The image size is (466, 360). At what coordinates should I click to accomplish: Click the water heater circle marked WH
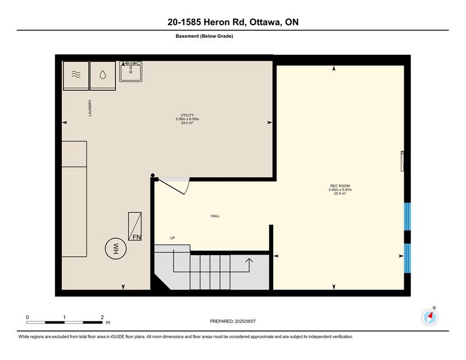(115, 249)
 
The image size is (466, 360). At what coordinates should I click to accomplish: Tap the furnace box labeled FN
(135, 226)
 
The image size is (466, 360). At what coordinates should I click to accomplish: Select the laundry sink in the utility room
(130, 71)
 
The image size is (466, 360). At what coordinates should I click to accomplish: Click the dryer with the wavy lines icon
(76, 76)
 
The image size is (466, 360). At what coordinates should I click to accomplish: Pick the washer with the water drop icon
(103, 76)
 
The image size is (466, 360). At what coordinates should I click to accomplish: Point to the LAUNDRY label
(90, 108)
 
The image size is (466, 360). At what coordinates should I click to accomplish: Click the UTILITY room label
(187, 115)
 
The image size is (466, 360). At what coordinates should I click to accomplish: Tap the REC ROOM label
(340, 186)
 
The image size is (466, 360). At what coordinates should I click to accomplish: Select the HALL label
(216, 216)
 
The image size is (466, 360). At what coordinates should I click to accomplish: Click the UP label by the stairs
(172, 238)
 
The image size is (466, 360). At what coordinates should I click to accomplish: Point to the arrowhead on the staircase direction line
(249, 261)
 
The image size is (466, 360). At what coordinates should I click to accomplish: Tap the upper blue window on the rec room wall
(407, 217)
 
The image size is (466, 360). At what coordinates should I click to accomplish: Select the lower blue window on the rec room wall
(407, 258)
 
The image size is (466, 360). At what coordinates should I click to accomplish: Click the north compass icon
(430, 317)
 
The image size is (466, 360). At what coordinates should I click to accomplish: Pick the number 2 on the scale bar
(103, 317)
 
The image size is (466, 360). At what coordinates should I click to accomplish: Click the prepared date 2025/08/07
(245, 322)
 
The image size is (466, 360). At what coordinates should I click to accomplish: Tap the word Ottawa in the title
(266, 22)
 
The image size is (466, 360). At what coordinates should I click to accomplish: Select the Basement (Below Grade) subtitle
(204, 36)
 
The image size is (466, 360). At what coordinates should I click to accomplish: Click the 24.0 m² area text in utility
(187, 123)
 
